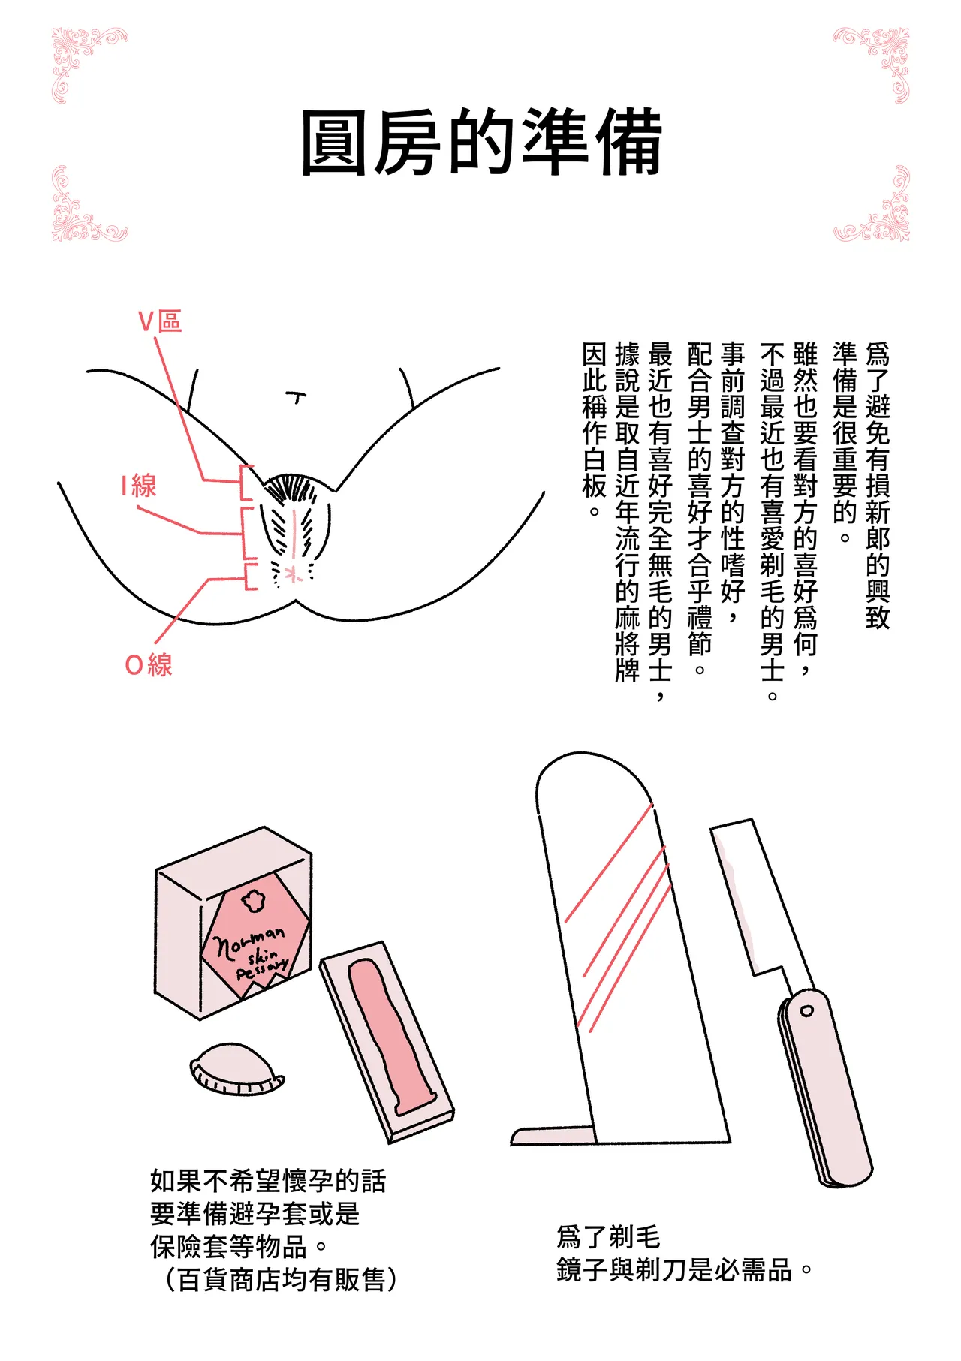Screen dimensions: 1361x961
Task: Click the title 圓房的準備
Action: (x=480, y=143)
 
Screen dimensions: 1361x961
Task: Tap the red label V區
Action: (x=160, y=321)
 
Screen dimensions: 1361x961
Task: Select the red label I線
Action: (x=139, y=486)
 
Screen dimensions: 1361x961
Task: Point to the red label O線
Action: (x=149, y=665)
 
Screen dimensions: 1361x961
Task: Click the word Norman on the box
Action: (x=249, y=939)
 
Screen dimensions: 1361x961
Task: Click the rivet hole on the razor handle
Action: (x=806, y=1010)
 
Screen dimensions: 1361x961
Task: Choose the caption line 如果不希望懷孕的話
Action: (x=268, y=1181)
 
